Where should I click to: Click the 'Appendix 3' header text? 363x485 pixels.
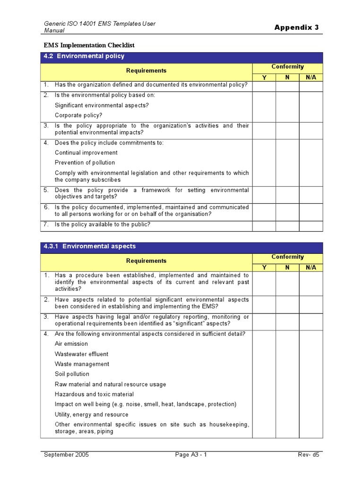tap(296, 27)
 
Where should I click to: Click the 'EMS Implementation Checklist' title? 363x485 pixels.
tap(89, 45)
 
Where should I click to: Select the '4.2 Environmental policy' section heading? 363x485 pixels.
tap(84, 56)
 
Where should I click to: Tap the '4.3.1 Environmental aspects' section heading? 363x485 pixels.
tap(89, 246)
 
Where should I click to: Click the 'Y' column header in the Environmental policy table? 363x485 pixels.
tap(264, 77)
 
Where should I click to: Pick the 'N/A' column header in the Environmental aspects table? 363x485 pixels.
tap(311, 268)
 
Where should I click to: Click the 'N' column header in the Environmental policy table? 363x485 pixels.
tap(287, 77)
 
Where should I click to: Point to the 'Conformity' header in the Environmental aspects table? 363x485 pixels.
tap(287, 257)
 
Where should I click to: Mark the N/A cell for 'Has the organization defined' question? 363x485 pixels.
tap(311, 86)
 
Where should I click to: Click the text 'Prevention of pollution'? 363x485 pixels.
tap(85, 162)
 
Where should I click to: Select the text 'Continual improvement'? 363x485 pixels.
tap(86, 153)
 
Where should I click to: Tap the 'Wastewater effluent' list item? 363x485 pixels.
tap(81, 354)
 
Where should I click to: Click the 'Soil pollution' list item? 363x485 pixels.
tap(72, 374)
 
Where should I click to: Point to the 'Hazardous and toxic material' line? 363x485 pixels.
tap(94, 394)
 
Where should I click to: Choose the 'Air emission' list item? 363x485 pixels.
tap(71, 344)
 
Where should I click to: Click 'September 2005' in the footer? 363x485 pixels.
tap(66, 455)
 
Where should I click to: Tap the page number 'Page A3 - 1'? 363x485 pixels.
tap(191, 455)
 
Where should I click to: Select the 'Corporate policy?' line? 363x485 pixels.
tap(78, 115)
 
